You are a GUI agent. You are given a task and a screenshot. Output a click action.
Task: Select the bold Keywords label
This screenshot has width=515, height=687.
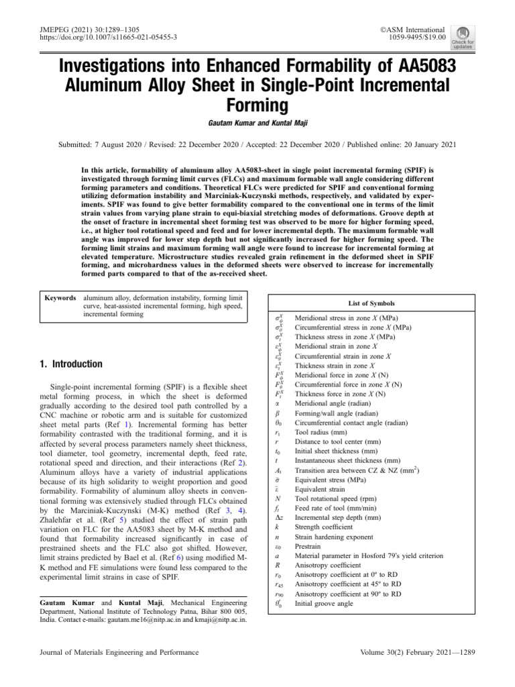[60, 297]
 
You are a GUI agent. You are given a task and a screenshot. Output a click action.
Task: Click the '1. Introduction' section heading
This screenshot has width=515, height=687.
[72, 364]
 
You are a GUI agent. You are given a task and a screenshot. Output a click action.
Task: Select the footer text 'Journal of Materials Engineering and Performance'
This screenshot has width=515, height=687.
[119, 652]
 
